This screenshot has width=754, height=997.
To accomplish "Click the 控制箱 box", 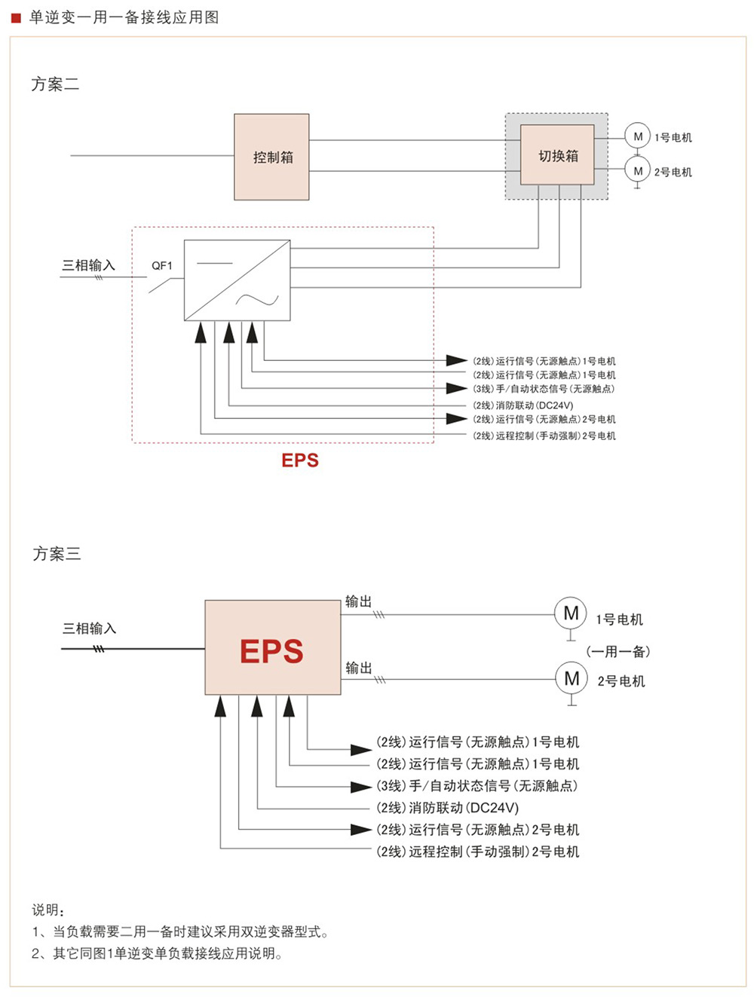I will [271, 157].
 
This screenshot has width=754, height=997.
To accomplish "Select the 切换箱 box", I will [557, 155].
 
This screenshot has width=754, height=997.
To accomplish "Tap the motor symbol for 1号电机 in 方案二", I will [637, 136].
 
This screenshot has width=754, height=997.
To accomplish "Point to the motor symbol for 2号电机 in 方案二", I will [637, 170].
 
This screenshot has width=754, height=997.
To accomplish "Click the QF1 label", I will [161, 265].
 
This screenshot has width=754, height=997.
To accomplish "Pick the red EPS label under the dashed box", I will [300, 460].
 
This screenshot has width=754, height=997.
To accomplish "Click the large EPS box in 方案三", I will [272, 647].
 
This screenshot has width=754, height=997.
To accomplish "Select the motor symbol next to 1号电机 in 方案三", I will [571, 613].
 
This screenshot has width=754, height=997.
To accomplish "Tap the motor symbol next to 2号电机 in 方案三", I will [572, 678].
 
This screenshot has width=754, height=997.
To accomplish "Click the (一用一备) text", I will [618, 651].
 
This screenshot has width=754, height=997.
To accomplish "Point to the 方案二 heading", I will [55, 84].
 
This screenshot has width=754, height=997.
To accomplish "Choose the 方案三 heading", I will [57, 554].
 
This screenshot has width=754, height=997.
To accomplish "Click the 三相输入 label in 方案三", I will [89, 628].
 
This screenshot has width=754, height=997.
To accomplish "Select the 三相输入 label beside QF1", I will [88, 265].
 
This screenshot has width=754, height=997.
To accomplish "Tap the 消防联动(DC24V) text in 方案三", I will [448, 808].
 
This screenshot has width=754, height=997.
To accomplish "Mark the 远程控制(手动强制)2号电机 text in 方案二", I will [544, 436].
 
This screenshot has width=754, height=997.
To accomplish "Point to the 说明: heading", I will [48, 910].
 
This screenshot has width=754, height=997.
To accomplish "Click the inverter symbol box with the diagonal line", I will [237, 280].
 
